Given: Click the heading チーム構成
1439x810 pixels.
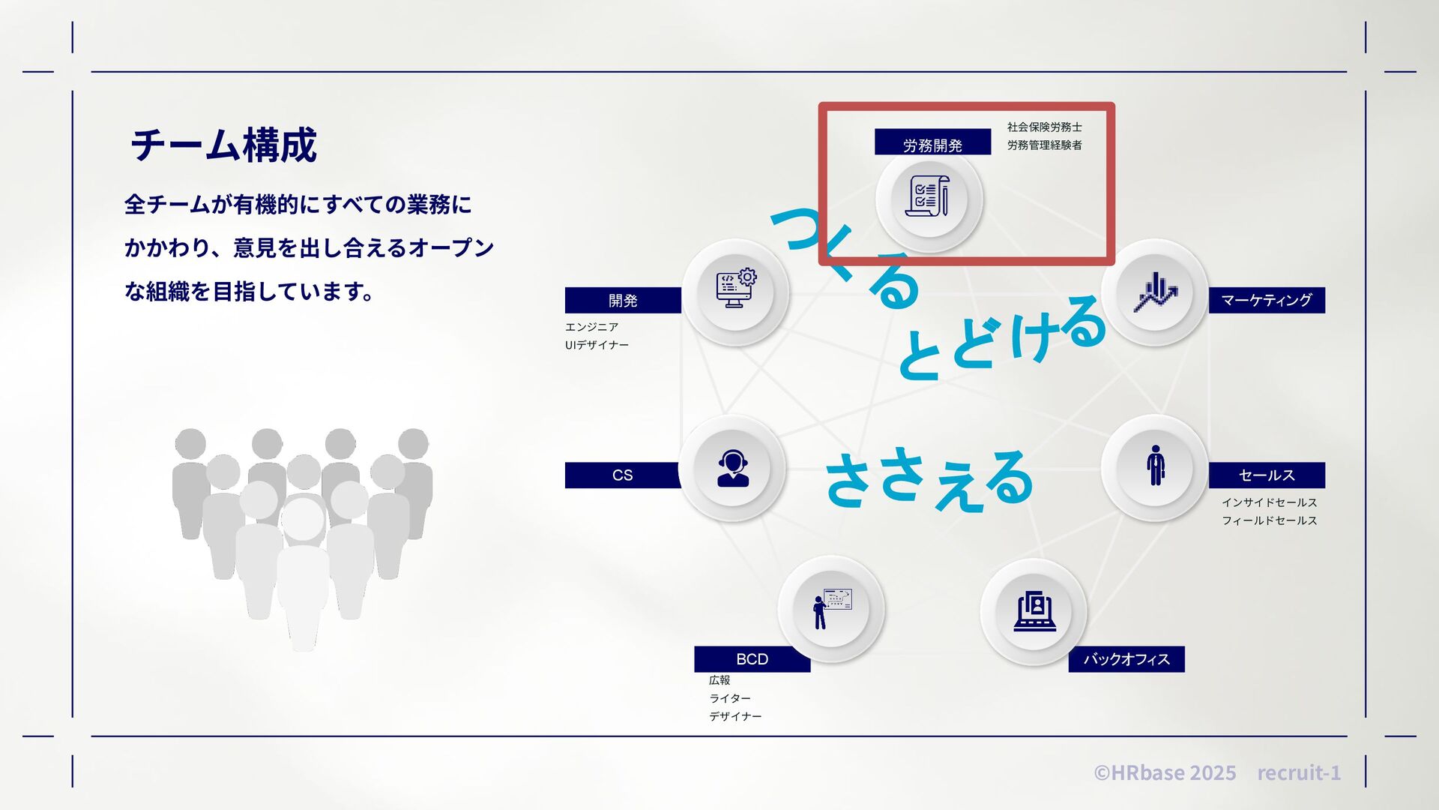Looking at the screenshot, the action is coord(223,145).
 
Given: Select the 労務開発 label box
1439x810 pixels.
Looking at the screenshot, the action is coord(932,143).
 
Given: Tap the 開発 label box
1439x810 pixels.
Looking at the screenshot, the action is coord(622,300).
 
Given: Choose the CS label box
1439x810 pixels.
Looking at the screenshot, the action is coord(622,475).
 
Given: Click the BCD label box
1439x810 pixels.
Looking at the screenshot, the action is coord(752,659).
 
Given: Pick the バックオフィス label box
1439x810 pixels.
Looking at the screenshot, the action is coord(1126,659).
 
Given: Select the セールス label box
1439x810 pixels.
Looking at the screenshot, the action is coord(1266,475).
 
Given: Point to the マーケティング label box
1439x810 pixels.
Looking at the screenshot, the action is coord(1266,300).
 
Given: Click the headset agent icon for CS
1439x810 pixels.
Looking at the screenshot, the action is coord(732,469).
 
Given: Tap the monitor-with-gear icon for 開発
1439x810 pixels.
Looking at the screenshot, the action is coord(736,289).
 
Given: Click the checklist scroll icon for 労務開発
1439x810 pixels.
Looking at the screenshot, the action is coord(929,197).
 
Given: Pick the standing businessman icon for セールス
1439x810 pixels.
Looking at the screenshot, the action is coord(1155,466).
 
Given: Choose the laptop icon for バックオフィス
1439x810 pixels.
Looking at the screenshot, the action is coord(1034,611).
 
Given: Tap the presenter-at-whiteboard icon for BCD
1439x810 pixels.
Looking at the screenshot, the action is coord(831,609).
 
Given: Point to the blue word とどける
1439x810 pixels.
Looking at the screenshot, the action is coord(1001,339).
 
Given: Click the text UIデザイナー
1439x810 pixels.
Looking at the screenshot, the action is coord(597,345).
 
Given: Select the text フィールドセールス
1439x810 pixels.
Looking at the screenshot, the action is coord(1269,520).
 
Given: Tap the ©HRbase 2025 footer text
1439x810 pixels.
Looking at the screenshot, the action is coord(1165,772).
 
